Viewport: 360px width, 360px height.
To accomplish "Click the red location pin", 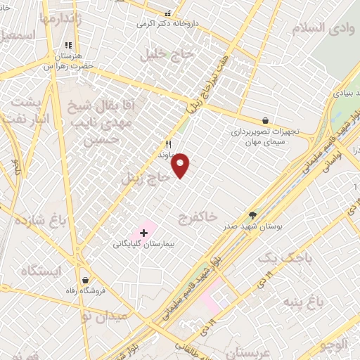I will pyautogui.click(x=181, y=165).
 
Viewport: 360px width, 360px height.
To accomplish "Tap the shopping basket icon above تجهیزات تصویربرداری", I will pyautogui.click(x=264, y=121).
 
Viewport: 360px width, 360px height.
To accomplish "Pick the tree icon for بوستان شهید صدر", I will pyautogui.click(x=252, y=215).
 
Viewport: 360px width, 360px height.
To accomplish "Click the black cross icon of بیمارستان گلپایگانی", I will pyautogui.click(x=144, y=233).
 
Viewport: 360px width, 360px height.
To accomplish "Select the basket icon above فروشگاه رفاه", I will pyautogui.click(x=85, y=281).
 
